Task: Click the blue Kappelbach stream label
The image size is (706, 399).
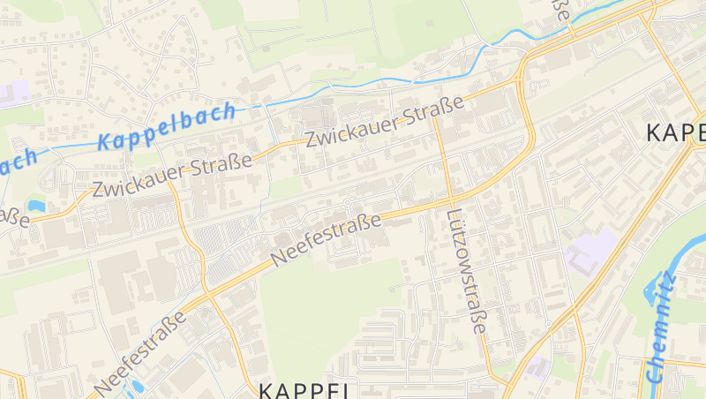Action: tap(168, 127)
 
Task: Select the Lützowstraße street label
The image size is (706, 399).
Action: tap(466, 271)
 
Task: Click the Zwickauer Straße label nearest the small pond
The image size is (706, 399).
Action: tap(172, 175)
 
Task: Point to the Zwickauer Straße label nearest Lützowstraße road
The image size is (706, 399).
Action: tap(385, 124)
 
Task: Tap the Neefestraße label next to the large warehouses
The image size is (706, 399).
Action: tap(141, 351)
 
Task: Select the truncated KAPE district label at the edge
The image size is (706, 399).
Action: tap(676, 132)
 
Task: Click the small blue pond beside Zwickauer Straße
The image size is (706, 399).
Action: tap(36, 206)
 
